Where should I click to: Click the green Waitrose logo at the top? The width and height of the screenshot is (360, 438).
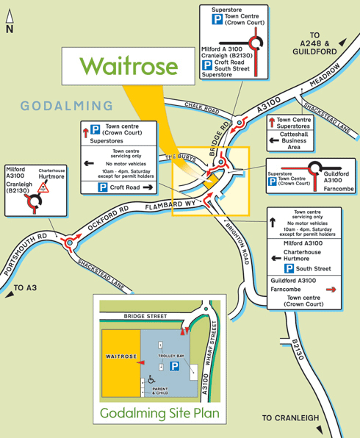pos(129,65)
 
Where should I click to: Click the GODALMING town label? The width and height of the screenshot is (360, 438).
pos(67,107)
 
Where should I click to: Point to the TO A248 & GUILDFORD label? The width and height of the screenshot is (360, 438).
pos(325,44)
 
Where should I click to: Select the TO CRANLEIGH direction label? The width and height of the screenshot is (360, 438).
pos(291,418)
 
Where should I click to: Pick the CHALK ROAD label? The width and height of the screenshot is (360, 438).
pos(202,109)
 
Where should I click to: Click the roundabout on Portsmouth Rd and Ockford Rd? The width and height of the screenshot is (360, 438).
pos(71,240)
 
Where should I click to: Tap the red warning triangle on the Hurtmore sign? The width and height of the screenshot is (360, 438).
pos(43,188)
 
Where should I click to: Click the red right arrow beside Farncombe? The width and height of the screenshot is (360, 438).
pos(331,290)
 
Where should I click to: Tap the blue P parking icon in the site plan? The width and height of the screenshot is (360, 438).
pos(174,366)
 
